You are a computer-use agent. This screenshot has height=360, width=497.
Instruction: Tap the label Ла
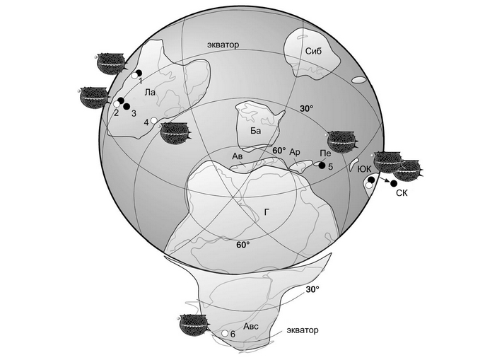click(x=150, y=92)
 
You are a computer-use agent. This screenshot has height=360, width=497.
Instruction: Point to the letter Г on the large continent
click(x=267, y=211)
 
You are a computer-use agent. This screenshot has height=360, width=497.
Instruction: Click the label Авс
click(x=252, y=327)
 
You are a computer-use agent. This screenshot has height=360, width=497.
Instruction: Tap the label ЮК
click(x=364, y=168)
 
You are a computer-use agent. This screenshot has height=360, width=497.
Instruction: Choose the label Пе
click(x=325, y=153)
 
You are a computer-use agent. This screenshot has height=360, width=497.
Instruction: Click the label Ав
click(x=238, y=156)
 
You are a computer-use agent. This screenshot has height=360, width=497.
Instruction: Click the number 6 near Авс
click(x=233, y=334)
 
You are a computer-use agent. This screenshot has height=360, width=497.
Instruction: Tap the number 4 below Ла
click(x=146, y=122)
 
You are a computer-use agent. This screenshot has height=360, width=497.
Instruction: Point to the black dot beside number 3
click(x=127, y=107)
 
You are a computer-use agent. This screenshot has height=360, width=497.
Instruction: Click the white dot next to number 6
click(x=224, y=332)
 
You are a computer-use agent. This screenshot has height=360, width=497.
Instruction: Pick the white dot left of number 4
click(x=154, y=120)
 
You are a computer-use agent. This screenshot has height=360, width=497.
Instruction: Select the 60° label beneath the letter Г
click(x=242, y=245)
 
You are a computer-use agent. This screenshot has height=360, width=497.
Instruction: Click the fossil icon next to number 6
click(x=192, y=325)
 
